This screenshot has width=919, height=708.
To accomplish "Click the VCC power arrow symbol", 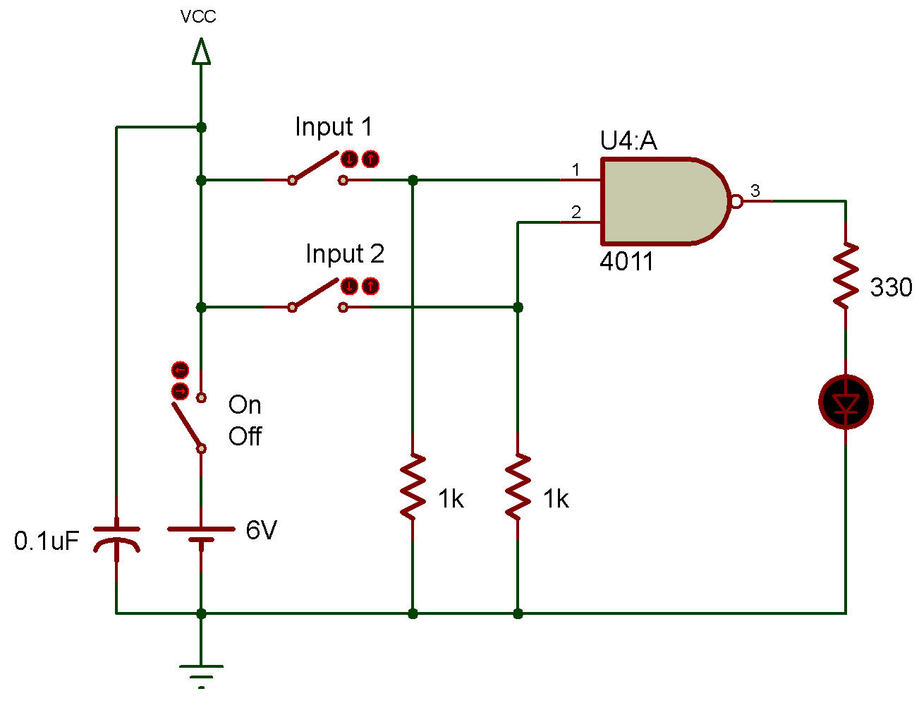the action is (x=201, y=52).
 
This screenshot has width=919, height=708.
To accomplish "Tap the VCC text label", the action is (x=198, y=17).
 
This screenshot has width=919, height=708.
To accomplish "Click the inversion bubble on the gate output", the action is (x=736, y=201).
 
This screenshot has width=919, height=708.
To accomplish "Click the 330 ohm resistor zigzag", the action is (x=846, y=275).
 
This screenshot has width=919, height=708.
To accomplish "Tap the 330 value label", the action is (x=891, y=287).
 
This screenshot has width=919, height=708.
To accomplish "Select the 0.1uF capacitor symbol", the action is (x=116, y=539).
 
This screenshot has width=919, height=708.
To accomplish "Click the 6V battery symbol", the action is (x=201, y=534).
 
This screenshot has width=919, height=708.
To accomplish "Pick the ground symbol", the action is (x=201, y=676).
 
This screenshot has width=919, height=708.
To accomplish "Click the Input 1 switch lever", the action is (x=315, y=167).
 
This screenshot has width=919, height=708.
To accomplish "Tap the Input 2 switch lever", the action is (x=315, y=293).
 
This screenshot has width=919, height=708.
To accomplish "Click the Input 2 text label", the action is (x=345, y=253).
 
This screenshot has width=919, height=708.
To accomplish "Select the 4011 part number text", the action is (x=626, y=261).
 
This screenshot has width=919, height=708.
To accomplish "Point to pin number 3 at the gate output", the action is (x=755, y=191).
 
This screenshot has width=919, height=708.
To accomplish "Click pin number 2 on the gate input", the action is (x=576, y=212).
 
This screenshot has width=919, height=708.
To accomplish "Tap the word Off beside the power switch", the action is (x=245, y=436).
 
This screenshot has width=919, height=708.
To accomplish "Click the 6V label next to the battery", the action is (x=262, y=530).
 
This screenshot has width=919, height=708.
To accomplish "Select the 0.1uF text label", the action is (x=47, y=541).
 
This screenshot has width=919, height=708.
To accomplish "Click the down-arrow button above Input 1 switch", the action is (x=349, y=159).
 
